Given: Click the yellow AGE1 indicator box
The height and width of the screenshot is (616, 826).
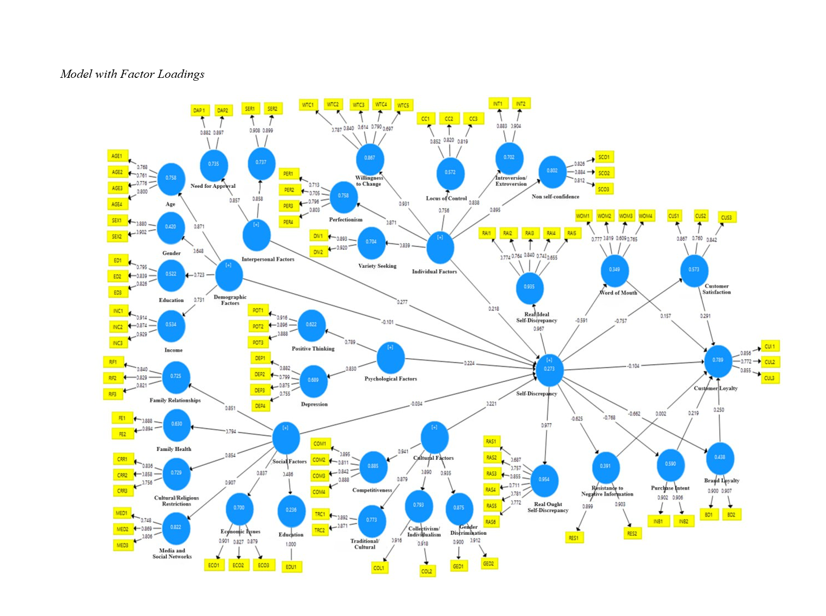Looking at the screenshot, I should click(x=117, y=156).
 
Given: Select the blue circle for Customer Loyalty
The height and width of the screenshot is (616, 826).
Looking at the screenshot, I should click(x=718, y=360).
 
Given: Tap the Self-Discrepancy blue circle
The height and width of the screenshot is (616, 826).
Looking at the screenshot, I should click(x=549, y=370).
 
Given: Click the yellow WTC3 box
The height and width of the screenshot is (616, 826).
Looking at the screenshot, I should click(x=359, y=105).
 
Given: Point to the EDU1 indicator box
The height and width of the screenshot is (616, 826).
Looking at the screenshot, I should click(x=291, y=567).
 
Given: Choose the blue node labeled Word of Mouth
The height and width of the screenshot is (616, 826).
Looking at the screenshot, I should click(x=615, y=271).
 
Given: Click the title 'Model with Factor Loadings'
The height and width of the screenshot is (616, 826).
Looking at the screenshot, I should click(x=133, y=74).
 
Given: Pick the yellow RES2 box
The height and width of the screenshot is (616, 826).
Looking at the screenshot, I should click(x=632, y=533).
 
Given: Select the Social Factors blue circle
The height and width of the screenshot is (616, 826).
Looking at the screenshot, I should click(x=286, y=438).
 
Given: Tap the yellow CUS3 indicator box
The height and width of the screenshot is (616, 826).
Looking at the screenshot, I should click(x=727, y=218).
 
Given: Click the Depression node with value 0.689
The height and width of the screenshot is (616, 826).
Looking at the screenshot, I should click(x=313, y=381).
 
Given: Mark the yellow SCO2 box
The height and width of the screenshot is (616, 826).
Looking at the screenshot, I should click(x=604, y=173).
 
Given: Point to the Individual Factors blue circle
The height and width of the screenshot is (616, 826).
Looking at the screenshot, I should click(x=440, y=247).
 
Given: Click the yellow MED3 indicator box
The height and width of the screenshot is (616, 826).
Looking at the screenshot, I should click(x=122, y=545).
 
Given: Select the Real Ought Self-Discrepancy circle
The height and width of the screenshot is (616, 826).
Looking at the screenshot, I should click(x=544, y=480).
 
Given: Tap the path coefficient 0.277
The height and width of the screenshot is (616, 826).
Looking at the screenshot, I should click(x=402, y=302).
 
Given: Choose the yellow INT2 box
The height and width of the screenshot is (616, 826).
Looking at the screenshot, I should click(x=521, y=104).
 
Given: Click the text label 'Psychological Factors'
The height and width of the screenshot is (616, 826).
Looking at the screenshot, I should click(x=390, y=379).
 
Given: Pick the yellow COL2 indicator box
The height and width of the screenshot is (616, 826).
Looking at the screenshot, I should click(x=426, y=571).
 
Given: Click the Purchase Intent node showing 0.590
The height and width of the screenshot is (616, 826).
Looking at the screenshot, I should click(x=670, y=464).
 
